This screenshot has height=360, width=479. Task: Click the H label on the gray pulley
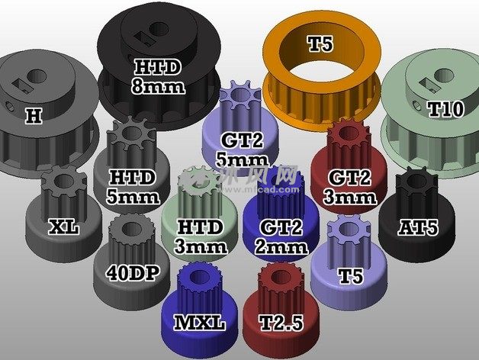34,116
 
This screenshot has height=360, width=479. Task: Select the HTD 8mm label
158,76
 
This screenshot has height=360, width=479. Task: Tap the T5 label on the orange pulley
320,43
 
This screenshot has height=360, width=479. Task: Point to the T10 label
446,109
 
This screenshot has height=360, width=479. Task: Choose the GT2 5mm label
243,149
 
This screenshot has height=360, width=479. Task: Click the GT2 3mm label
349,187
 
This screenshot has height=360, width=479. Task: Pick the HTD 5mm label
133,187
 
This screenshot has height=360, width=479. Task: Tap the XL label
64,227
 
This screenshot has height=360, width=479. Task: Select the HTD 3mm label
201,236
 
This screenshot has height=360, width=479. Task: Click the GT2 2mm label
281,236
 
